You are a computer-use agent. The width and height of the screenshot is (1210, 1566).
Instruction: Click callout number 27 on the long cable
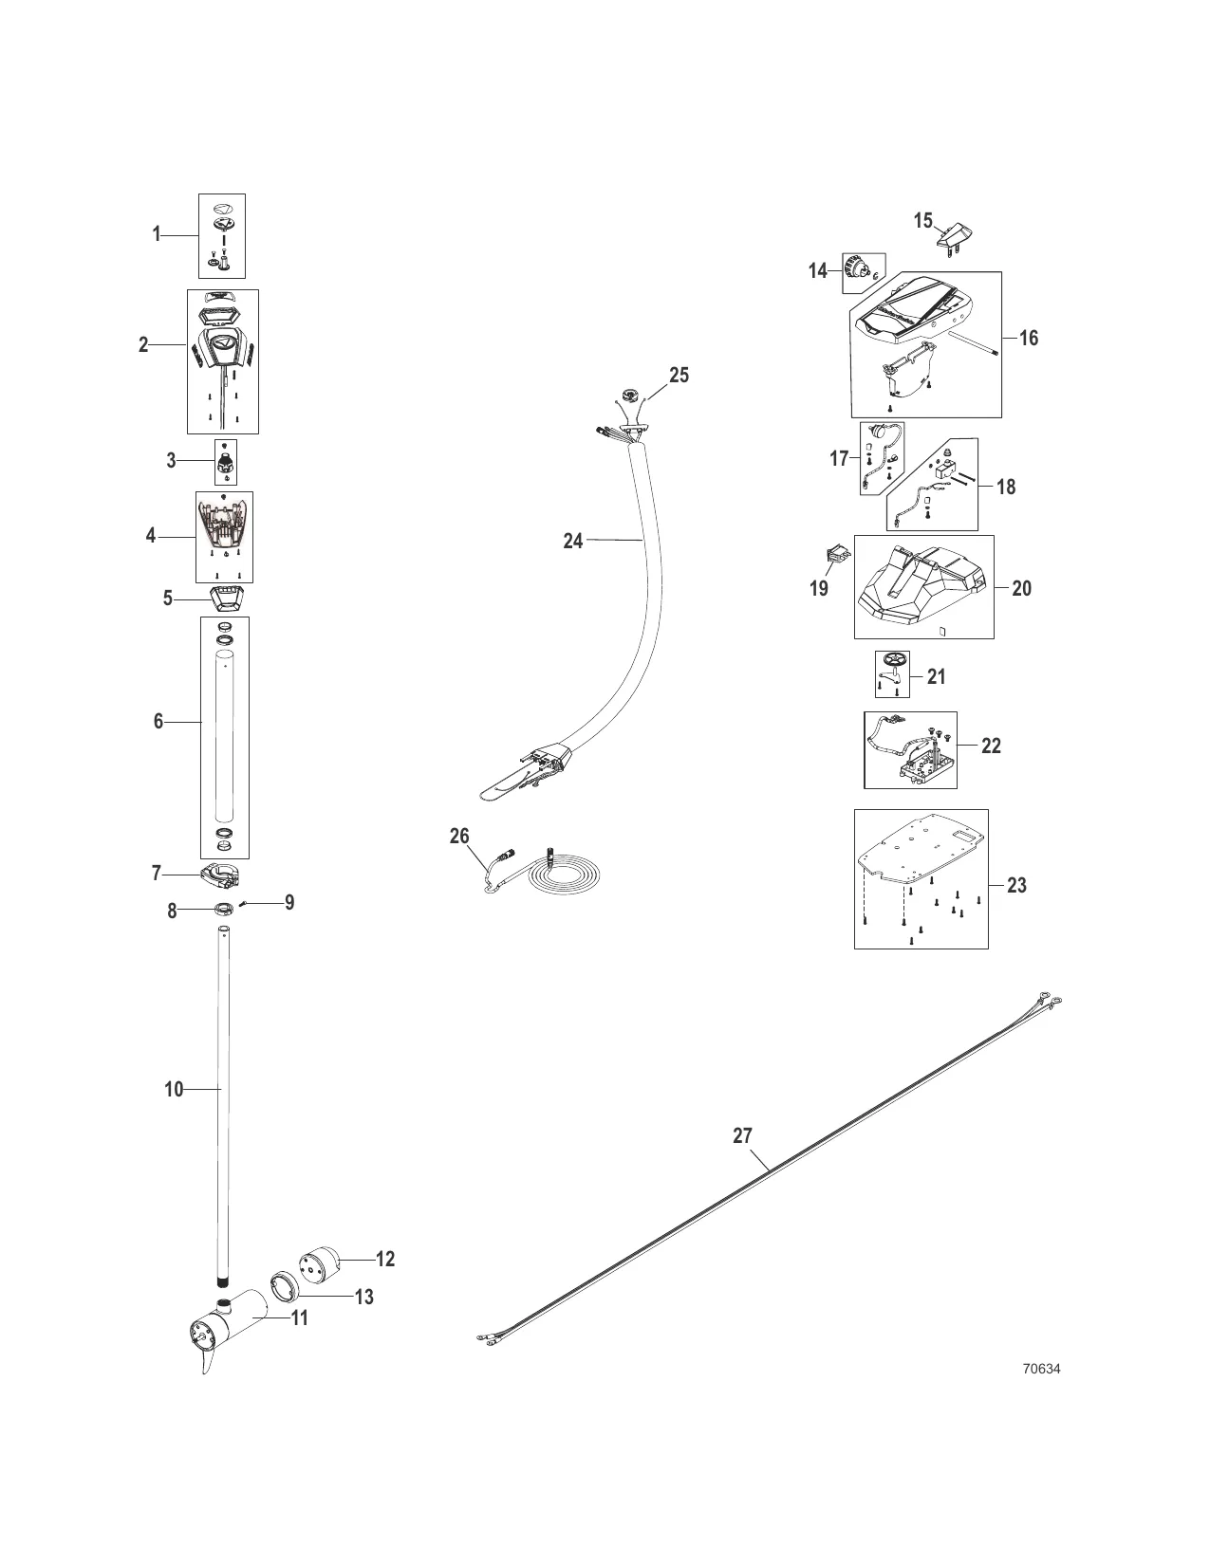pos(742,1135)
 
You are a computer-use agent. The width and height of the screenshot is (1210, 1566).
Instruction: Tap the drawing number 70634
pos(1041,1369)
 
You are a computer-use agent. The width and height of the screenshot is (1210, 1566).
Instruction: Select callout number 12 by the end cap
pos(384,1259)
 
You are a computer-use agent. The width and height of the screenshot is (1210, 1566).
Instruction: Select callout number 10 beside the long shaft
pos(173,1090)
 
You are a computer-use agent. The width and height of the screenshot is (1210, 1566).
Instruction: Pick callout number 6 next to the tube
pos(158,722)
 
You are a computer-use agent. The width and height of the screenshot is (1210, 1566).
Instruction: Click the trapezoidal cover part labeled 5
pos(226,598)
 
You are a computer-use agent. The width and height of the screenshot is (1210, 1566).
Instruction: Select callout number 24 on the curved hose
pos(572,542)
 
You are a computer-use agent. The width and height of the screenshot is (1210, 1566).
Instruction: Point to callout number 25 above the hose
pos(679,376)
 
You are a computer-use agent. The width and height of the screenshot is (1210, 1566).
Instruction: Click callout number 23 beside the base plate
pos(1016,885)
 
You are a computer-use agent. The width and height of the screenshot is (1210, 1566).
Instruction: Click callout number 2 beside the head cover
pos(143,345)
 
